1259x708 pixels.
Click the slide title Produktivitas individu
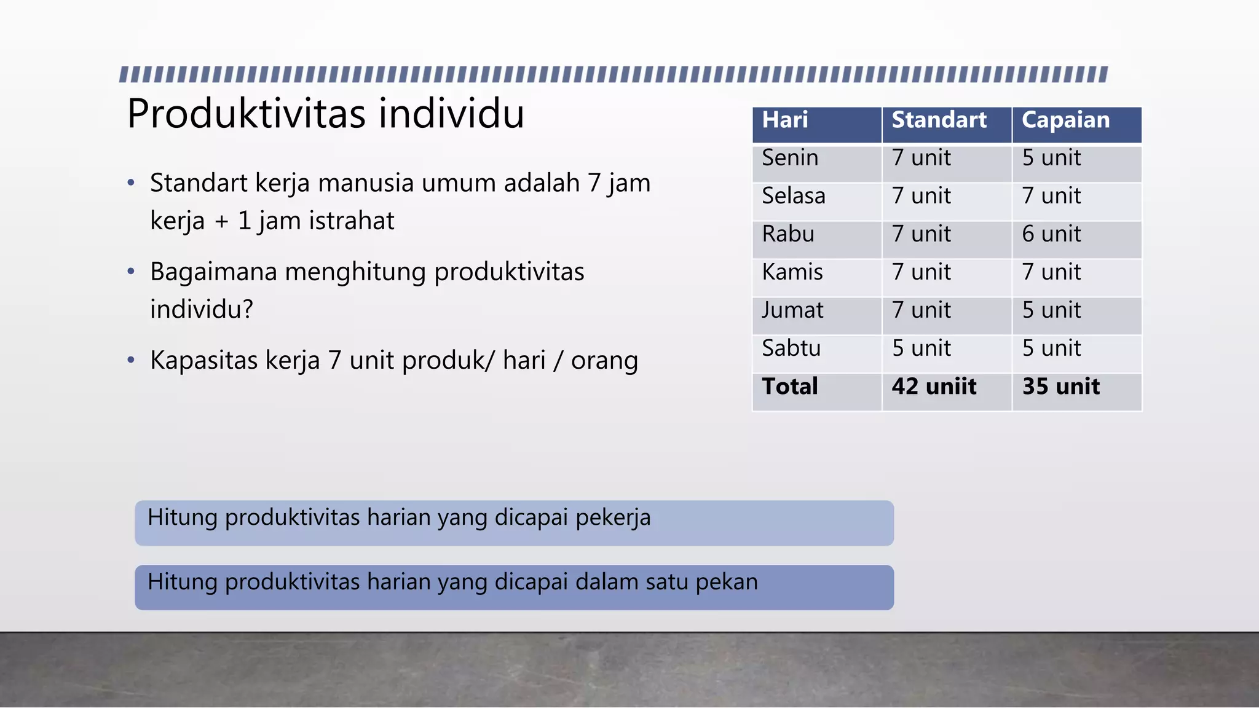coord(325,114)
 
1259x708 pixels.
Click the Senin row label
coord(790,158)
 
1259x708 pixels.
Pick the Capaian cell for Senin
coord(1051,158)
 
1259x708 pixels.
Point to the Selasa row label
coord(794,196)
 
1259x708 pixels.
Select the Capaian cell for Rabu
coord(1051,234)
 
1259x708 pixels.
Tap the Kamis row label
coord(792,272)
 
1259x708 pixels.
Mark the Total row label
coord(790,387)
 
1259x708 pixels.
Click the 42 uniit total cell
coord(934,387)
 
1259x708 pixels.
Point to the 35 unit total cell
coord(1061,387)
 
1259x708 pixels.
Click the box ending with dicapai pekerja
coord(514,523)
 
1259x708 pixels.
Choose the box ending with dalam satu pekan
coord(514,588)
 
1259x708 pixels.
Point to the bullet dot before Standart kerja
coord(131,183)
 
